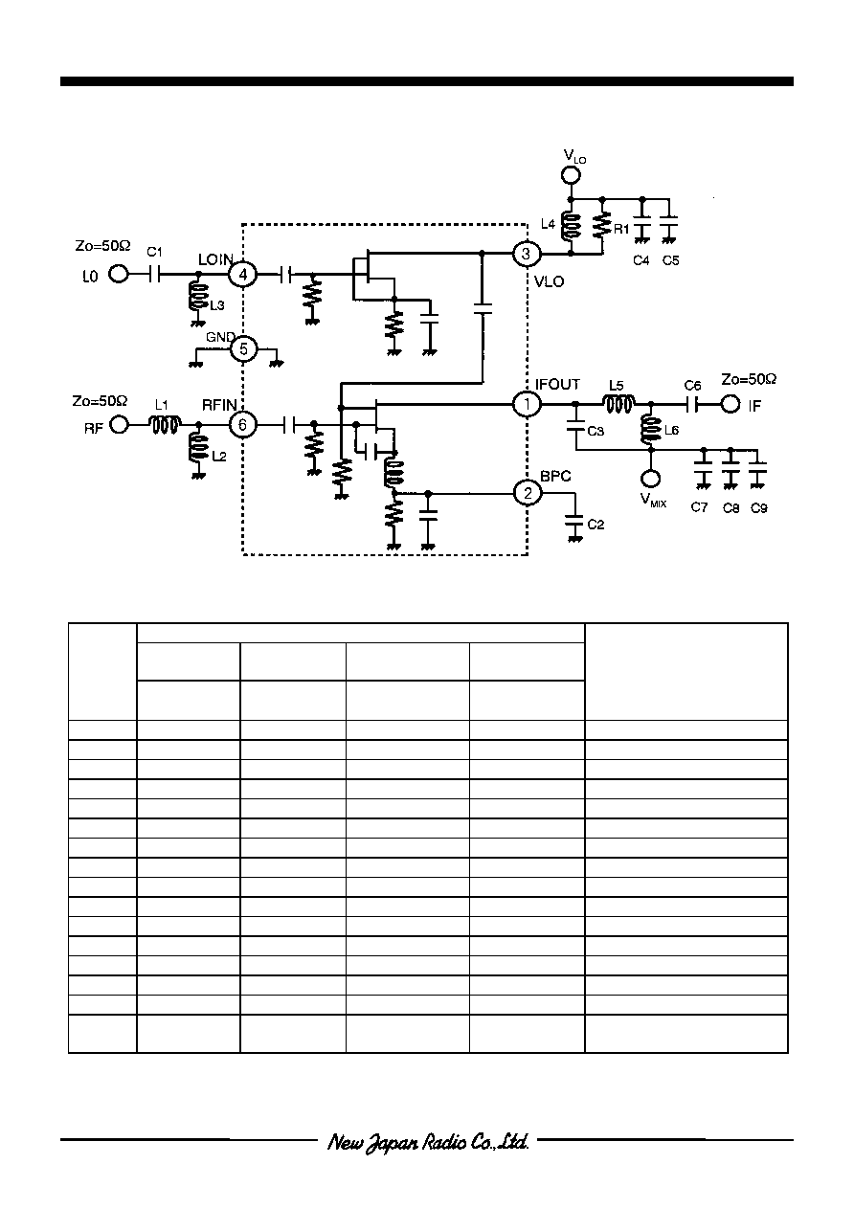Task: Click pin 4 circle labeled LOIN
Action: click(x=243, y=275)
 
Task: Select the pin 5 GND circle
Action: click(x=243, y=349)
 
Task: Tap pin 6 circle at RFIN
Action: click(x=242, y=425)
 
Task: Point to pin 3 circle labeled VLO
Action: click(x=526, y=254)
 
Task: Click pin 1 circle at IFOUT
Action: click(x=527, y=404)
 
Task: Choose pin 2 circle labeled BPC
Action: click(x=528, y=493)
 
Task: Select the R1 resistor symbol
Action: click(x=602, y=226)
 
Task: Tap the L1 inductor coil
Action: click(x=165, y=425)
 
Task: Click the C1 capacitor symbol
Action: click(x=154, y=275)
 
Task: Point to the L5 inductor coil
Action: click(x=618, y=404)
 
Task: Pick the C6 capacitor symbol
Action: click(x=692, y=404)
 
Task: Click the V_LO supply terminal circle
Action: click(x=572, y=175)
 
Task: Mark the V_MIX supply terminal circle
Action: click(x=650, y=479)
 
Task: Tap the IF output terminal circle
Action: click(x=730, y=404)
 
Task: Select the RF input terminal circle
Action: click(x=120, y=425)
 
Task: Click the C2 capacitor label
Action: click(x=596, y=525)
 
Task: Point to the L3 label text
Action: click(x=217, y=305)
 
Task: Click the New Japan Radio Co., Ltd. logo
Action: click(x=428, y=1143)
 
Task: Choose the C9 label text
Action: click(x=758, y=508)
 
